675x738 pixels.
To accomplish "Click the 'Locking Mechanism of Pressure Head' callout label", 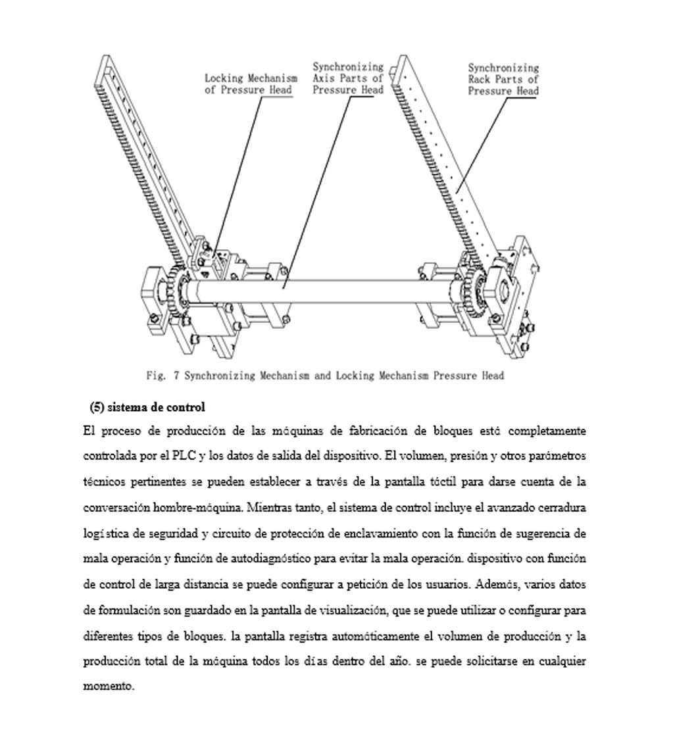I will [251, 84].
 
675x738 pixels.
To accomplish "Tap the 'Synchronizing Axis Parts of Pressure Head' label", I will [348, 78].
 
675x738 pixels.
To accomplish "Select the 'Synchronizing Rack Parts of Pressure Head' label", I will [503, 79].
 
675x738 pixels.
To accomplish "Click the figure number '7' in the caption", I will [176, 376].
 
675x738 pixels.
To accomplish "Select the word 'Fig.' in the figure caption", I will [155, 376].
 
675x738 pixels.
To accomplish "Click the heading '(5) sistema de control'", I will [147, 407].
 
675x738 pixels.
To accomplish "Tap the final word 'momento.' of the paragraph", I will [109, 687].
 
